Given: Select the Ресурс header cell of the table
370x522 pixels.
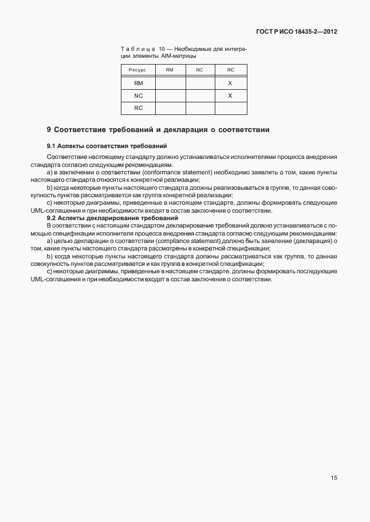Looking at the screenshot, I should (138, 70).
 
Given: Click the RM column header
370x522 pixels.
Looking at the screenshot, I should (170, 70).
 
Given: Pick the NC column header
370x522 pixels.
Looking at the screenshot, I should (199, 70).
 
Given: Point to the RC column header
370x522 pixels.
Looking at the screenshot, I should (230, 70).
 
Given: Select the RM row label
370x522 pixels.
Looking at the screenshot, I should (138, 83).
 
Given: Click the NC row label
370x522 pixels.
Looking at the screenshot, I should (138, 95).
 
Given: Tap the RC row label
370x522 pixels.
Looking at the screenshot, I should (138, 107).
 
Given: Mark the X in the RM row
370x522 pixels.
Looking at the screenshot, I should (230, 83).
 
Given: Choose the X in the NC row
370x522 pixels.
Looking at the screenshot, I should (230, 95).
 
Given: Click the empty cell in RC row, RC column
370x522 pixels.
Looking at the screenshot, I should (230, 107).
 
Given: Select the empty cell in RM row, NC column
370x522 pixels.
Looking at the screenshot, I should (199, 83).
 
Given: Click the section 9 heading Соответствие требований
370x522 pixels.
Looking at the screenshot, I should (158, 130).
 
